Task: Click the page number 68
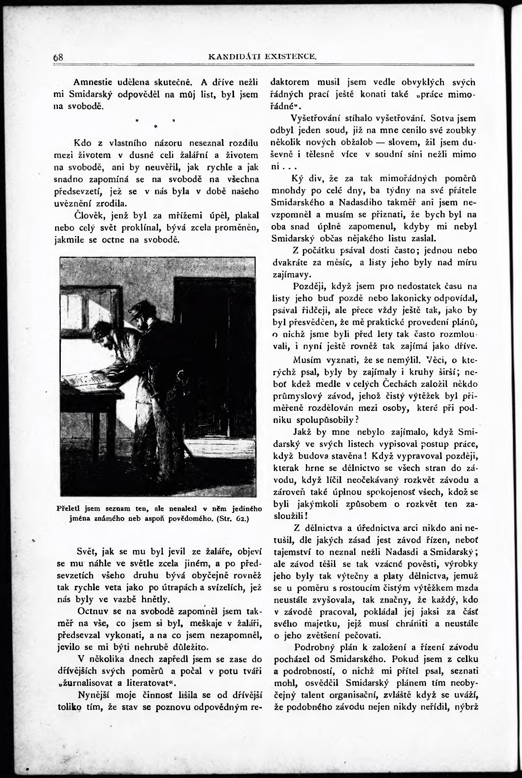tap(58, 57)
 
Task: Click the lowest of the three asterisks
tap(155, 127)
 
